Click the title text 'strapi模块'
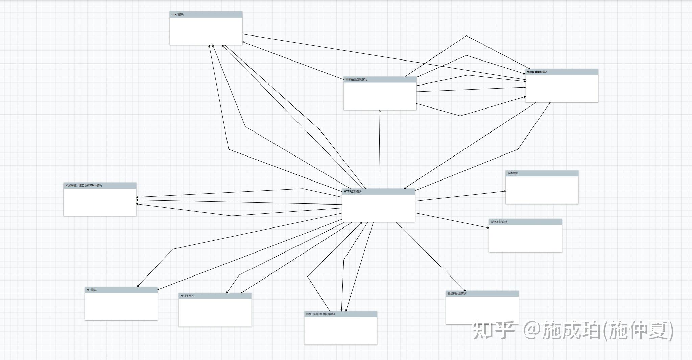coord(177,15)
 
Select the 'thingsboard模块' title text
coord(537,72)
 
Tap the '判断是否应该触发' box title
coord(356,80)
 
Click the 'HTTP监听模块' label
coord(353,192)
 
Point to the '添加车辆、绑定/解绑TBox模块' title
coord(83,186)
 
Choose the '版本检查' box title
coord(513,173)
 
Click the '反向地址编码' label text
coord(499,222)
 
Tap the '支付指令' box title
coord(92,290)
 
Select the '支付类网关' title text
coord(187,296)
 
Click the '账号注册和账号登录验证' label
coord(321,314)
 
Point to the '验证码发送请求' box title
coord(457,294)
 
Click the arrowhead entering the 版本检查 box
coord(505,191)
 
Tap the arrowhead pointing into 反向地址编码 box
coord(488,227)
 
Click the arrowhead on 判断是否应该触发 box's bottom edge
coord(380,111)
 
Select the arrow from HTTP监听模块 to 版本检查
coord(460,196)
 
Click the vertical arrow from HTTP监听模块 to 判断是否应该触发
coord(379,149)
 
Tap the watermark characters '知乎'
coord(493,330)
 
